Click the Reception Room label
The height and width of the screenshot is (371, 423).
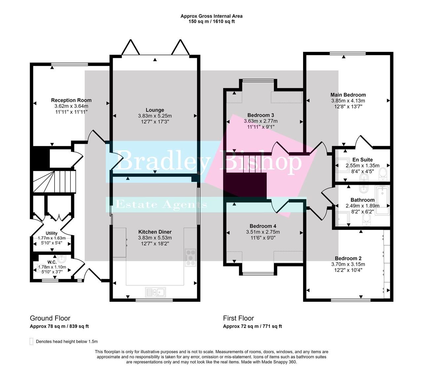[x=71, y=100]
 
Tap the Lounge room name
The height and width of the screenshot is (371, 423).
[x=155, y=110]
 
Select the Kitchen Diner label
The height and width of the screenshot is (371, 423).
[x=155, y=232]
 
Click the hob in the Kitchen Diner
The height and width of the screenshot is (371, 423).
[x=191, y=257]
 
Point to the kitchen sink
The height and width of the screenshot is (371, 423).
[x=156, y=292]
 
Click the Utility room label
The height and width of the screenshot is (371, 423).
[x=52, y=233]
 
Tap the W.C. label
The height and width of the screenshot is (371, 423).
[x=52, y=262]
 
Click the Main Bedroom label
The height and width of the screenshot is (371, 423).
[x=348, y=95]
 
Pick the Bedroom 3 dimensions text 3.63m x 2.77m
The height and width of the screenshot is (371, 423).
[x=261, y=121]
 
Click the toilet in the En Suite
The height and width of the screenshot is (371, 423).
[x=383, y=173]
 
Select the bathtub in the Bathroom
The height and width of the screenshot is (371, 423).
[x=383, y=200]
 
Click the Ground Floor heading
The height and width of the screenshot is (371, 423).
[x=50, y=318]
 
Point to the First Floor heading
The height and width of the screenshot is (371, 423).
[x=238, y=318]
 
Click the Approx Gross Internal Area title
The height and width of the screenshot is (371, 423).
[x=211, y=16]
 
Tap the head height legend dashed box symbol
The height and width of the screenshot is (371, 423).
[x=31, y=341]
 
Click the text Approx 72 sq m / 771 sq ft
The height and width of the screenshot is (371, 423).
[x=252, y=326]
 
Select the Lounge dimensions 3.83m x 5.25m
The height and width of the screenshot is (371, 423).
[x=155, y=116]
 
